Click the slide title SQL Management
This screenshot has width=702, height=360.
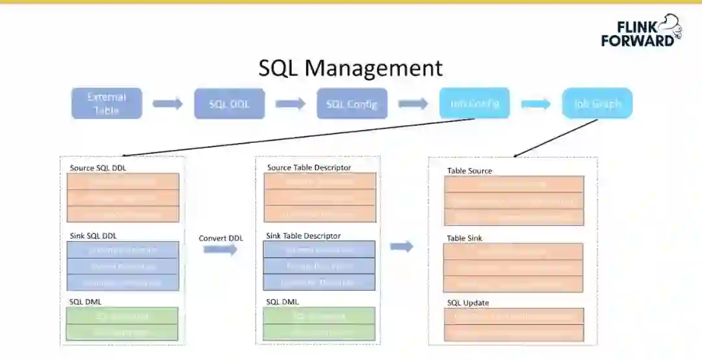click(x=350, y=68)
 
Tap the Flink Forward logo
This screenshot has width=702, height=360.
click(x=641, y=31)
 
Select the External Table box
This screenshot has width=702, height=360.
click(x=107, y=103)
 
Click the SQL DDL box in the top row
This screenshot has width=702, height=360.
click(x=229, y=104)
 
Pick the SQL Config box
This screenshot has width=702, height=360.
click(x=352, y=104)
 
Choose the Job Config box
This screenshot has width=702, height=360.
click(x=474, y=103)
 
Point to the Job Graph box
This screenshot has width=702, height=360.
click(x=597, y=103)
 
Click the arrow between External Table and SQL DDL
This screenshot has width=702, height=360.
click(x=168, y=104)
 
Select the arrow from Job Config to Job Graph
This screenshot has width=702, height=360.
click(x=536, y=104)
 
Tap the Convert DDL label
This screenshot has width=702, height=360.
click(x=221, y=238)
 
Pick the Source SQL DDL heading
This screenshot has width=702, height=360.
click(x=98, y=168)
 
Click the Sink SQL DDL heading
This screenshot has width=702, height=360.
click(x=93, y=235)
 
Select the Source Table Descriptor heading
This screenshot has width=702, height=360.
click(x=309, y=168)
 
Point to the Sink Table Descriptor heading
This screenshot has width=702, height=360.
click(x=303, y=236)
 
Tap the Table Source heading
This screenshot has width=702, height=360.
click(x=469, y=171)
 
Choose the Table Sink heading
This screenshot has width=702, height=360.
click(x=464, y=238)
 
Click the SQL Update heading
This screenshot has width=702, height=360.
click(x=468, y=303)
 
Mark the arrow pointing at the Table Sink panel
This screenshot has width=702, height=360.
click(x=402, y=246)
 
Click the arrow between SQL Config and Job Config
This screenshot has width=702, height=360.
click(x=413, y=104)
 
